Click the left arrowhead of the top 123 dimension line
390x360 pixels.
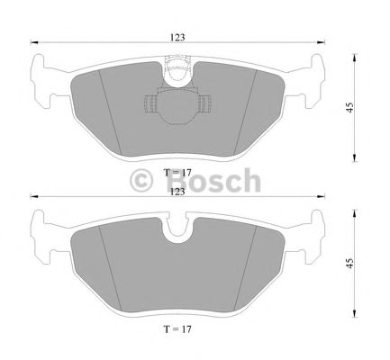32,42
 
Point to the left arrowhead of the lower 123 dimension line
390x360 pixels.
32,197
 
